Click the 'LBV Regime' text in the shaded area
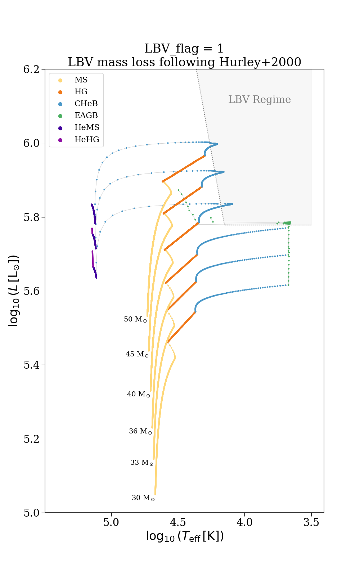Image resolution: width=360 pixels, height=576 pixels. coord(259,100)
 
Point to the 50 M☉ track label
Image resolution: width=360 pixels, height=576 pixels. coord(135,319)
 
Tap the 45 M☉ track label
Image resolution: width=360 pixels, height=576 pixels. coord(137,354)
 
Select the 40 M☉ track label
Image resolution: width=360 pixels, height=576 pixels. coord(138,394)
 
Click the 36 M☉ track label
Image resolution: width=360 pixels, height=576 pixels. coord(140,431)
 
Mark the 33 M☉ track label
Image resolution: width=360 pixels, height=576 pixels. coord(141,463)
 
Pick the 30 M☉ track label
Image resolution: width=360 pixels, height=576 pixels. coord(143,498)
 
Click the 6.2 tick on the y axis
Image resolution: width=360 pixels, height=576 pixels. coord(31,69)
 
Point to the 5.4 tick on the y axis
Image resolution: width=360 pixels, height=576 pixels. coord(31,365)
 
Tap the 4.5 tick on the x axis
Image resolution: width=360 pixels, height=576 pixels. coord(178,522)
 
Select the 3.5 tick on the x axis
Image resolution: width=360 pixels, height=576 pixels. coord(311,522)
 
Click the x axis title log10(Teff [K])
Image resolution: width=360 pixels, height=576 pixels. coord(185,536)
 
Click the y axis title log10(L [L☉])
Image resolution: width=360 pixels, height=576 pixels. coord(13,291)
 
